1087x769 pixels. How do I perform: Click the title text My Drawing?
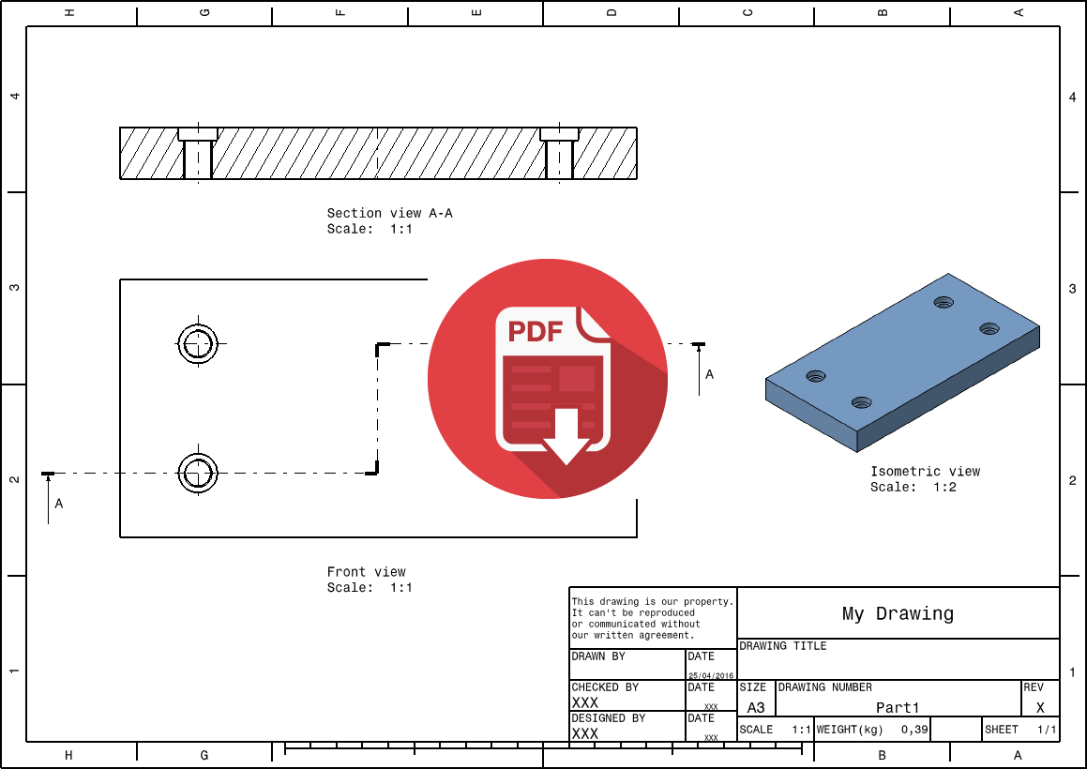pyautogui.click(x=898, y=614)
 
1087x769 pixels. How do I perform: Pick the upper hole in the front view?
pyautogui.click(x=198, y=344)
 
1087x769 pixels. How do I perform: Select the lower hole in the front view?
pyautogui.click(x=198, y=473)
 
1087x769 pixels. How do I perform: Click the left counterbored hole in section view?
pyautogui.click(x=198, y=154)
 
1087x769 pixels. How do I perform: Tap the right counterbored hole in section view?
pyautogui.click(x=559, y=154)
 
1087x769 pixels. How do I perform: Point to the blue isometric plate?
pyautogui.click(x=900, y=361)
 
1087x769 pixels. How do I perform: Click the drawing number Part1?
pyautogui.click(x=898, y=708)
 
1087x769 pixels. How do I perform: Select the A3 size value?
pyautogui.click(x=756, y=708)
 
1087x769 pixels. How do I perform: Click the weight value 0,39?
pyautogui.click(x=914, y=730)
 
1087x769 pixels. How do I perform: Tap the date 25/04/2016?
pyautogui.click(x=712, y=675)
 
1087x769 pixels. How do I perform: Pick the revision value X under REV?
pyautogui.click(x=1040, y=708)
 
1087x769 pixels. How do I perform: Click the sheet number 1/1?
pyautogui.click(x=1047, y=730)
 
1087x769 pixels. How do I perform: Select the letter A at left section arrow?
pyautogui.click(x=59, y=504)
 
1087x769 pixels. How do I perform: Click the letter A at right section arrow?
pyautogui.click(x=709, y=374)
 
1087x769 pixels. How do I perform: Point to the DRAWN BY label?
pyautogui.click(x=598, y=657)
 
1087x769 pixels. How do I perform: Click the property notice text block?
pyautogui.click(x=652, y=618)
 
